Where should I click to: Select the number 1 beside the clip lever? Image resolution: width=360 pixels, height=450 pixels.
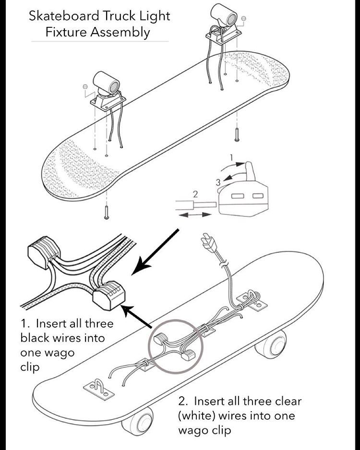[x=230, y=157]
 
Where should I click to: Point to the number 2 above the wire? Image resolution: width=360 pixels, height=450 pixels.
[x=195, y=194]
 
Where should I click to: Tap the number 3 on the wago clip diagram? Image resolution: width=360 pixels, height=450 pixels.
[x=218, y=182]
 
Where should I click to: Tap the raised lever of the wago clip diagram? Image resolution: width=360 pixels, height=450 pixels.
[x=250, y=171]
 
